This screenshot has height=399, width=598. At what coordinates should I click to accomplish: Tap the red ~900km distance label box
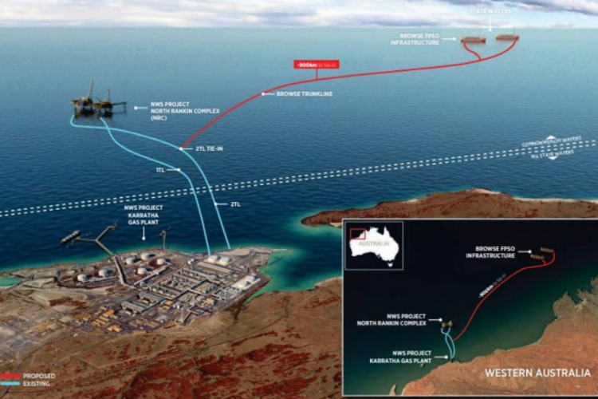coord(317,65)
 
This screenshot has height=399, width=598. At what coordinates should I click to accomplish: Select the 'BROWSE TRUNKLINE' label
coord(304,94)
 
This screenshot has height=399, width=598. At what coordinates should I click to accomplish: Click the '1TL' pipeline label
coord(160,170)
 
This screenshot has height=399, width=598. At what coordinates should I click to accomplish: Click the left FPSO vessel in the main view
coord(474,39)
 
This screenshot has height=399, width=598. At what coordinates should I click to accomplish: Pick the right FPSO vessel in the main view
coord(507,37)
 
